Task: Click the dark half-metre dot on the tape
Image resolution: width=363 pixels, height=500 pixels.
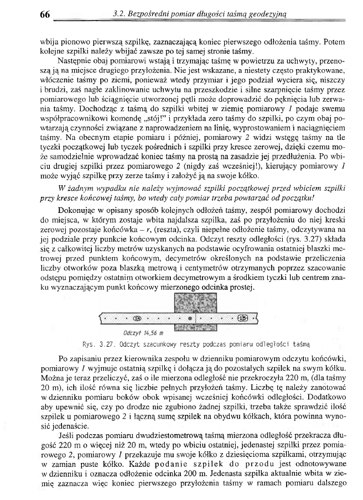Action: (189, 318)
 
